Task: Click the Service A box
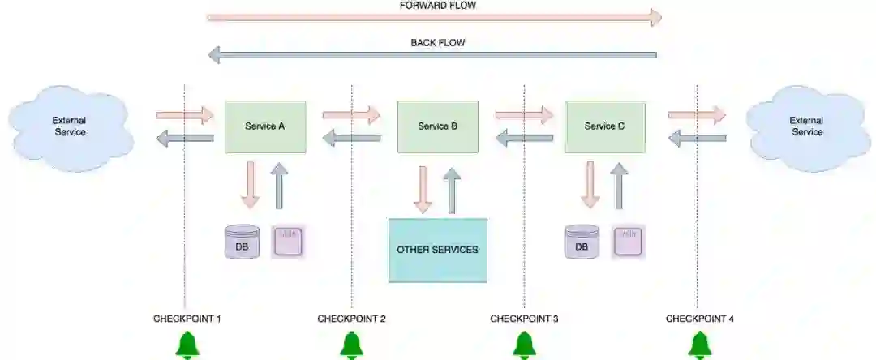(x=264, y=126)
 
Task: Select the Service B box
(x=437, y=126)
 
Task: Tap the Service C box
(x=604, y=126)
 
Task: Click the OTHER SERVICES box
(x=437, y=250)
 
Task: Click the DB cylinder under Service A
(x=242, y=243)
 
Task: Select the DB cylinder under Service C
(x=582, y=243)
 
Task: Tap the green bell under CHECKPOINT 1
(x=188, y=345)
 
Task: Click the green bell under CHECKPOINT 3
(x=524, y=345)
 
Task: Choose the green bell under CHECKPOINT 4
(x=699, y=345)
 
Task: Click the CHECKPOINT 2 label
(x=351, y=319)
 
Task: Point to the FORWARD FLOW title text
(x=438, y=5)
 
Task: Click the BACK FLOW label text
(x=438, y=42)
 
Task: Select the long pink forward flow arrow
(x=435, y=17)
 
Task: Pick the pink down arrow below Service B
(x=422, y=190)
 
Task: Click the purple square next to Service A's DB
(x=288, y=242)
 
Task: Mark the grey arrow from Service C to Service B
(x=525, y=139)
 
